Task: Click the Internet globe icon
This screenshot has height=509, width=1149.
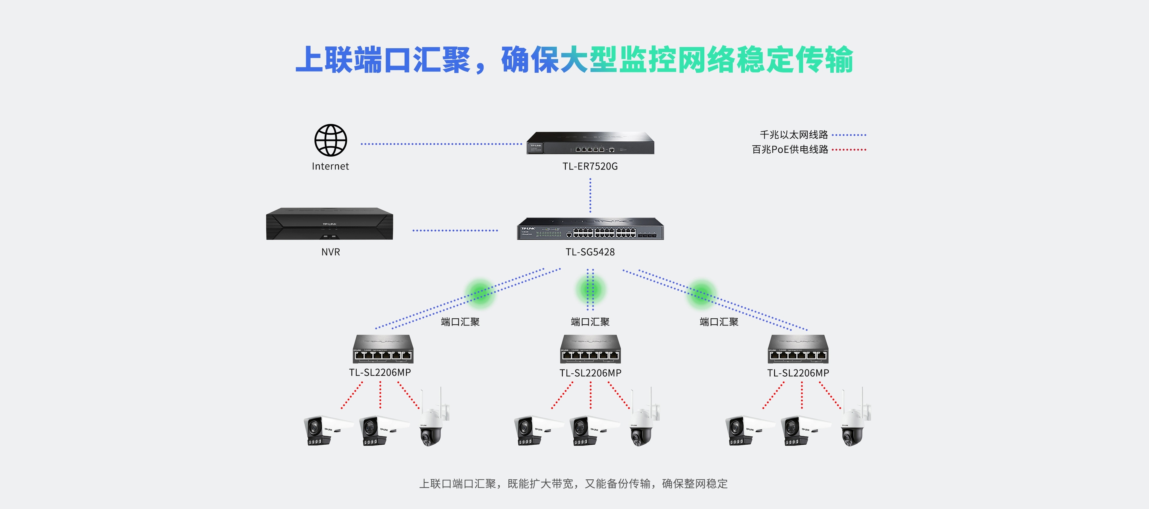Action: pos(331,140)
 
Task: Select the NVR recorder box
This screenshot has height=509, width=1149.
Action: pos(330,224)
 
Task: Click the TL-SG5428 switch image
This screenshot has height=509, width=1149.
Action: pos(590,229)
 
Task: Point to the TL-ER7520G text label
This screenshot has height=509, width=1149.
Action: pos(590,166)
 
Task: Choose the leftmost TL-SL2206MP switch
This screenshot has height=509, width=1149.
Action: pos(383,349)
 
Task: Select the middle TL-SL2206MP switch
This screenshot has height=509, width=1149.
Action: pos(590,349)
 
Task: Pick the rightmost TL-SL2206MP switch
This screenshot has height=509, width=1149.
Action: pos(798,349)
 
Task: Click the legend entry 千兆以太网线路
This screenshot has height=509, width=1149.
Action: pos(794,135)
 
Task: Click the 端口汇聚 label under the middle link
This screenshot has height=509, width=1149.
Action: pos(590,322)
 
